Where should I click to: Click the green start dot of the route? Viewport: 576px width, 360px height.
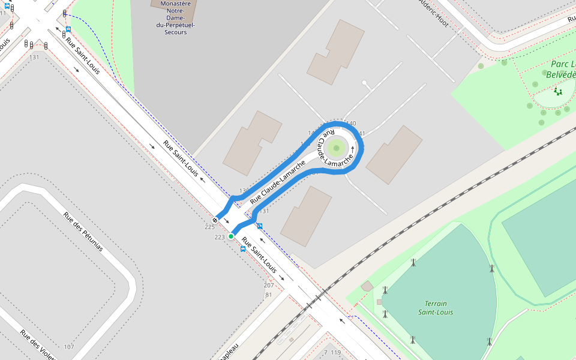230,236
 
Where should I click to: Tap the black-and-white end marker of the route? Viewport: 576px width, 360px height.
215,220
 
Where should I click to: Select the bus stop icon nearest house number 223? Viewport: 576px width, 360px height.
243,248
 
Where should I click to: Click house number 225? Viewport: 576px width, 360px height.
209,227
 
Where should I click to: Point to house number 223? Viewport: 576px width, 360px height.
220,238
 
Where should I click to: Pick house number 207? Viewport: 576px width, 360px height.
269,285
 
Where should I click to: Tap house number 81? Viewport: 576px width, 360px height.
268,294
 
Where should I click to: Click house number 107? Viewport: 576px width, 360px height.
69,347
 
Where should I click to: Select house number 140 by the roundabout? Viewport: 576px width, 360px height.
351,124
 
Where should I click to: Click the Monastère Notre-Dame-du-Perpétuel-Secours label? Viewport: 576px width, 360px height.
175,17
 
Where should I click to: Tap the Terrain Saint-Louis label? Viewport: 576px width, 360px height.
436,308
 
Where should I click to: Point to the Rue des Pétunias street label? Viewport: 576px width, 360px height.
83,232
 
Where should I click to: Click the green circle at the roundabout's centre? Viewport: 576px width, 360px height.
337,147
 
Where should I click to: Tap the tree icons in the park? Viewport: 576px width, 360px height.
558,91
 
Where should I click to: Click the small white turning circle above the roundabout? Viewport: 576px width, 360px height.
364,83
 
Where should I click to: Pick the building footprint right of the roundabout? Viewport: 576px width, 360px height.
394,155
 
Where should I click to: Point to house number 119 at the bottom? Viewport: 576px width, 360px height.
335,352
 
